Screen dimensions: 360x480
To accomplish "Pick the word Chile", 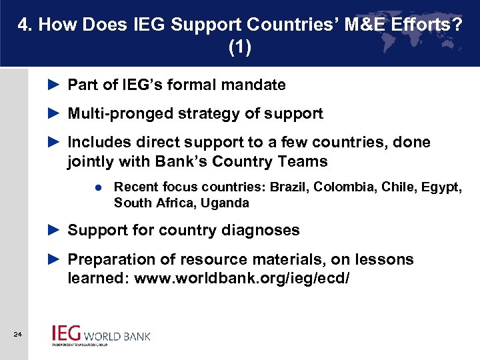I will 398,187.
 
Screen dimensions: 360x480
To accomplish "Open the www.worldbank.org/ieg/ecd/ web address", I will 241,279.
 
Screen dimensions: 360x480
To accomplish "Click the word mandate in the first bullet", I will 257,85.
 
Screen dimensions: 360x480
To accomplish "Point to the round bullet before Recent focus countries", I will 97,188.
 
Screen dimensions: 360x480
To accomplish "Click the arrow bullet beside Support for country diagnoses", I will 55,231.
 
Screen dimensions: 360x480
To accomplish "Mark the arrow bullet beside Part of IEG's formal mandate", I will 55,85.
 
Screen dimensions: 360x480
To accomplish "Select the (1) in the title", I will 240,48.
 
